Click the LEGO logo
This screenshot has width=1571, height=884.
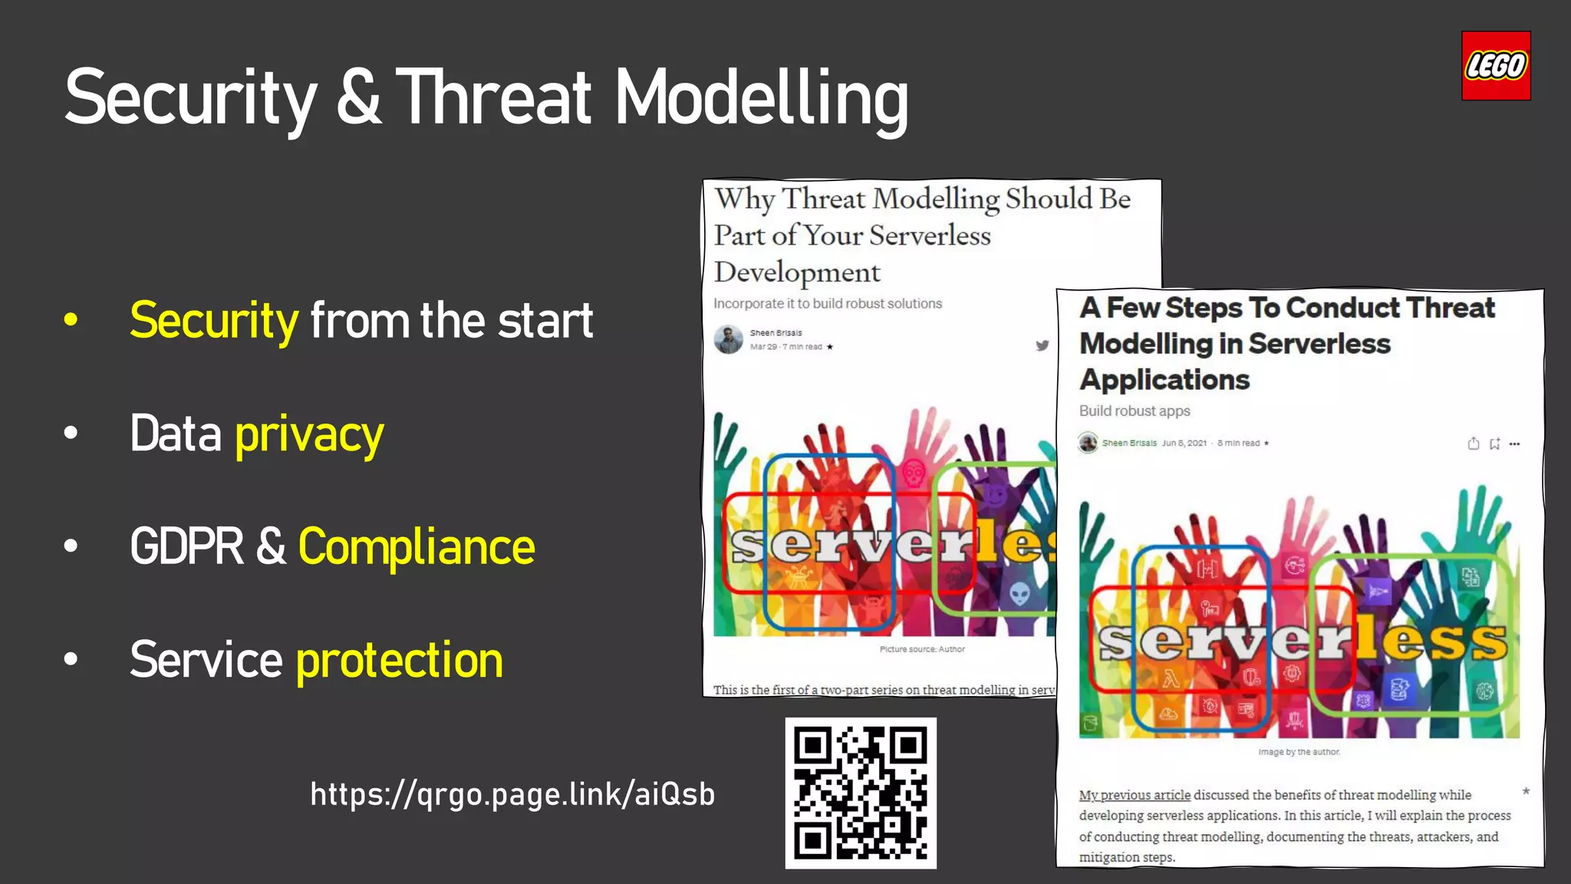click(1496, 66)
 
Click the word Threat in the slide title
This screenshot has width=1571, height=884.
click(495, 97)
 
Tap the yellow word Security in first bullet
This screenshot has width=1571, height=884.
click(214, 321)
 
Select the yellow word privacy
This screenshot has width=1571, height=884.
click(309, 434)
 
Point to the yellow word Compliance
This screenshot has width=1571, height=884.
click(416, 547)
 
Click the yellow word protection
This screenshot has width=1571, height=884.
click(399, 660)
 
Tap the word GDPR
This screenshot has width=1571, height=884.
click(186, 547)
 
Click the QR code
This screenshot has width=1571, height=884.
click(861, 793)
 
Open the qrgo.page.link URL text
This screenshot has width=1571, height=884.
click(512, 794)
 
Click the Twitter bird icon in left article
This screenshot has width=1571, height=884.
click(1042, 345)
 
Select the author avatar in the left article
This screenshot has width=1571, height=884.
click(728, 339)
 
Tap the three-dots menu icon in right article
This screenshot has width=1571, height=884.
click(1514, 444)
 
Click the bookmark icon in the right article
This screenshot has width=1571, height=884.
click(1494, 444)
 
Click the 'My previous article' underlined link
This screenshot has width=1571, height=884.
click(1135, 795)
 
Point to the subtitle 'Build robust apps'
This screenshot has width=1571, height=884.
click(1135, 411)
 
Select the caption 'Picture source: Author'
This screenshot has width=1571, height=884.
click(922, 649)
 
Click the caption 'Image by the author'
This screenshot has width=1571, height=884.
click(1299, 752)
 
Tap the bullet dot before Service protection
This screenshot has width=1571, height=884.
click(71, 659)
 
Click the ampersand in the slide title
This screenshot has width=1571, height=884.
click(357, 97)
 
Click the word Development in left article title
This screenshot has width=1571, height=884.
click(797, 272)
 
